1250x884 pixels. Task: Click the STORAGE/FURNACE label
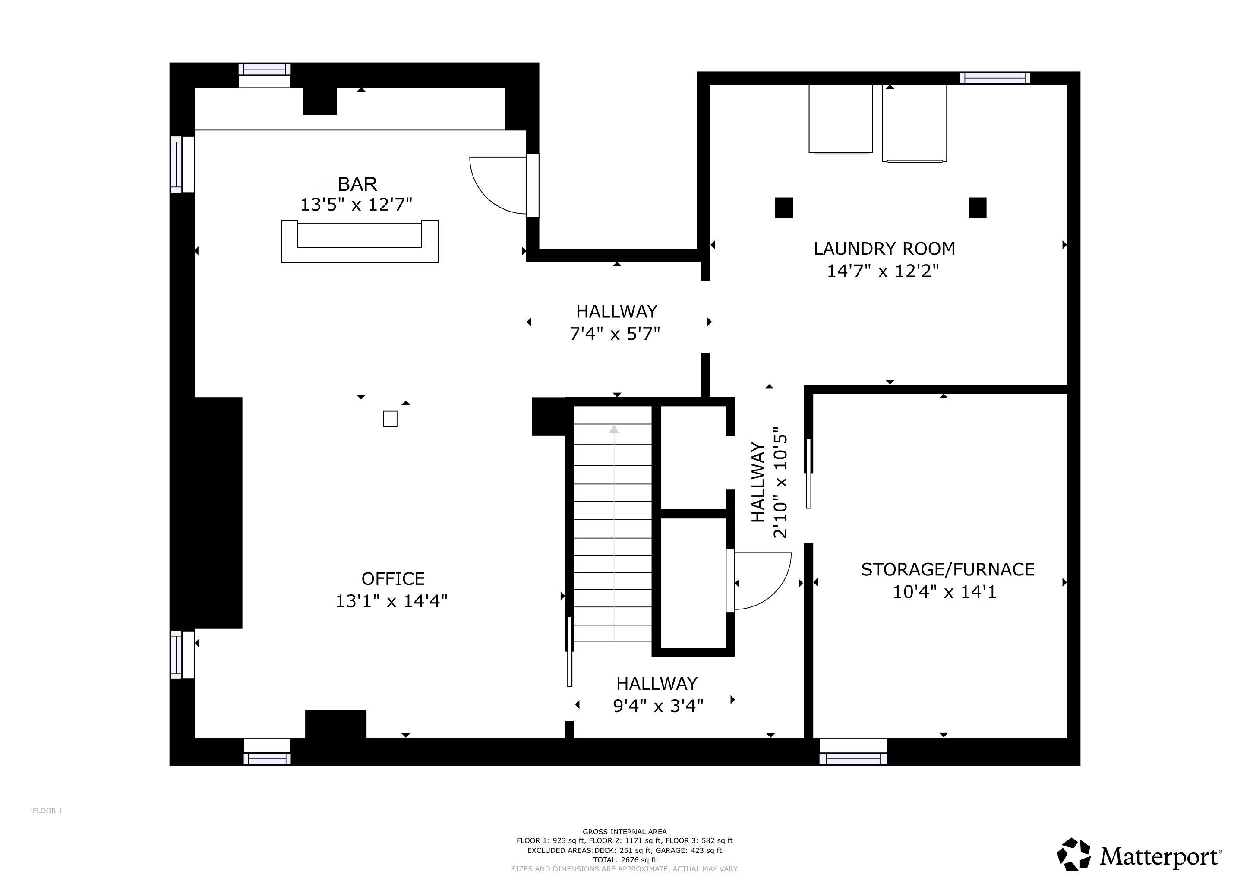coord(947,569)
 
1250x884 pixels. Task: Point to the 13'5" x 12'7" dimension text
coord(356,205)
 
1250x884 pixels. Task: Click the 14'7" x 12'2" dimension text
coord(883,271)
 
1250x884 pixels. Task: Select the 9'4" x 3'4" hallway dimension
coord(658,706)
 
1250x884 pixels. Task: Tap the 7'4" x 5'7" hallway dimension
coord(615,333)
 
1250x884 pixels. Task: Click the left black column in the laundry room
coord(783,207)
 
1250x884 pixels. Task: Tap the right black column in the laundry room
coord(977,207)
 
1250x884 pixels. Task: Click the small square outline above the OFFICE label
coord(390,419)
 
